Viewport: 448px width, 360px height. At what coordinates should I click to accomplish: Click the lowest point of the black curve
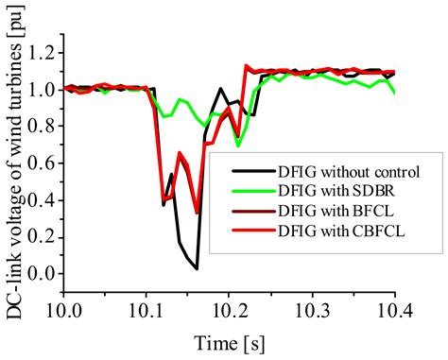[197, 268]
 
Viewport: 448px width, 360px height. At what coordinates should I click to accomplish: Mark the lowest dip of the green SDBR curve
[238, 146]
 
